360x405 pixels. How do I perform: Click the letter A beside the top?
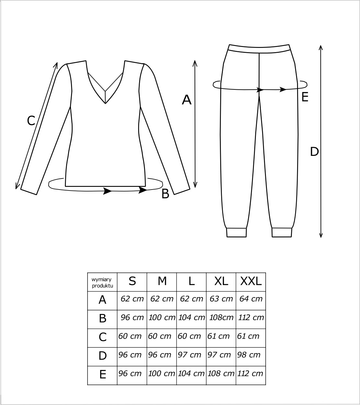(x=186, y=100)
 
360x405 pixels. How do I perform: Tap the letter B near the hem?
(x=165, y=194)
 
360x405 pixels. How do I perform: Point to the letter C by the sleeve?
(x=31, y=121)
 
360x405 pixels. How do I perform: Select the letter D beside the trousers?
(x=314, y=151)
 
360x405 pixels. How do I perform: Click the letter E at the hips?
(x=305, y=97)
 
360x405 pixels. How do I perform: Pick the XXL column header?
(x=251, y=282)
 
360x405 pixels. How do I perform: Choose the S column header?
(x=132, y=282)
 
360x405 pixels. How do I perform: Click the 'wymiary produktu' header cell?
(x=102, y=282)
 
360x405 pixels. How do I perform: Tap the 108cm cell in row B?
(x=221, y=318)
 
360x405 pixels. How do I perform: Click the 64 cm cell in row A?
(x=251, y=299)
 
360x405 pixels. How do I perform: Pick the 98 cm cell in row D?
(x=249, y=355)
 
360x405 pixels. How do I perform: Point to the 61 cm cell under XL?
(x=219, y=336)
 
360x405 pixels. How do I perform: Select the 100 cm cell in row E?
(x=162, y=374)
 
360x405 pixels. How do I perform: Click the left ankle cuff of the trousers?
(x=236, y=232)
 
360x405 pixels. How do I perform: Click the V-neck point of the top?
(x=105, y=103)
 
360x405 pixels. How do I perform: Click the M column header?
(x=162, y=282)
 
